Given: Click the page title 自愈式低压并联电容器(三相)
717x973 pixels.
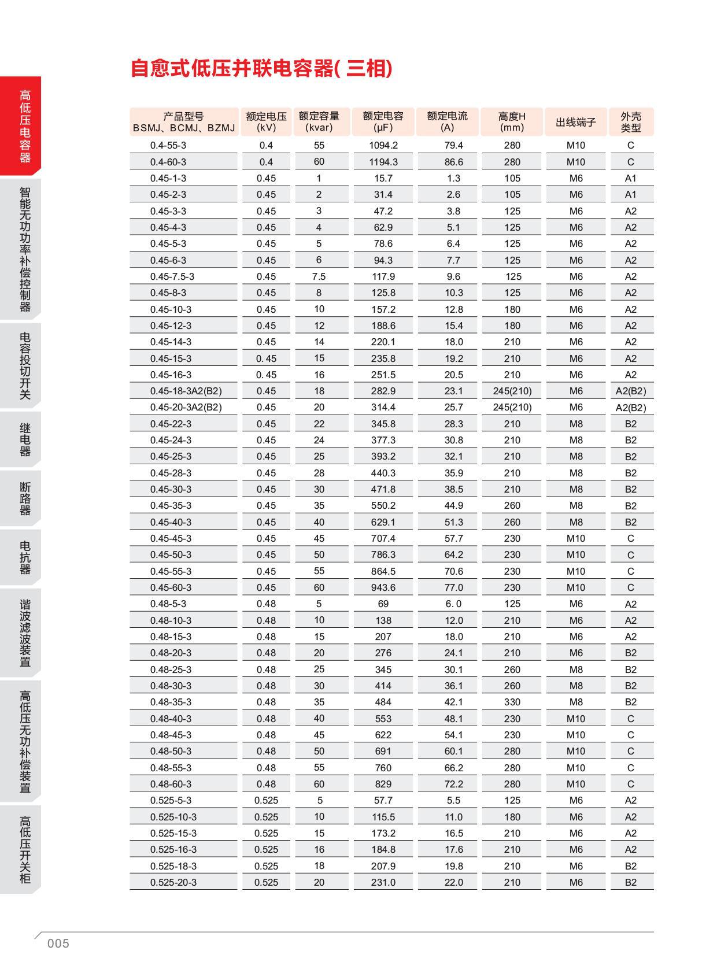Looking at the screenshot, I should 261,68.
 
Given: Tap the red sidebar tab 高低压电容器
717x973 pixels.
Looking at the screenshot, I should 25,125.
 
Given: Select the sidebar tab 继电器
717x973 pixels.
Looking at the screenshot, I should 25,439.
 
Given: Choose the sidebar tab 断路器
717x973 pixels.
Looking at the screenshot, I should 25,498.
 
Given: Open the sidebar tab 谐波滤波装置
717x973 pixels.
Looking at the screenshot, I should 25,632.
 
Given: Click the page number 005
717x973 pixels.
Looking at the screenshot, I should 58,944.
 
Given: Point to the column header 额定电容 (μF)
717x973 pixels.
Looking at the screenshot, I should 383,121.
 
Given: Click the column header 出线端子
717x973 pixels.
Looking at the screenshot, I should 575,122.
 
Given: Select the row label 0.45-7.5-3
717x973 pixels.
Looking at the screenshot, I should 172,276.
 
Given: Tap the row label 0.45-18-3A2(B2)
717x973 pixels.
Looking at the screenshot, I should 186,391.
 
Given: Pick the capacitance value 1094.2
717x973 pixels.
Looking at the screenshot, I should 383,145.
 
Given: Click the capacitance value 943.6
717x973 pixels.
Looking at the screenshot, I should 383,587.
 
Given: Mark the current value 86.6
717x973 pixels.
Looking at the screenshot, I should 453,162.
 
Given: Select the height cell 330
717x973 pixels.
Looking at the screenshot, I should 512,702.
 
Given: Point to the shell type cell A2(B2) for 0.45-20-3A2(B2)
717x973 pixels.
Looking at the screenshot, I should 630,408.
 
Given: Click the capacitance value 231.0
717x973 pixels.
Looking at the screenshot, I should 383,882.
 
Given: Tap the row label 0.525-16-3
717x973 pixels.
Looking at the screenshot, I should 173,849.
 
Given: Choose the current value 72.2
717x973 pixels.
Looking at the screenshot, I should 453,784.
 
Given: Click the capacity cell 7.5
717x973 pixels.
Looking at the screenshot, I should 319,276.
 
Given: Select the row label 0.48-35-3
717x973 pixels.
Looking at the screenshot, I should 171,702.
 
